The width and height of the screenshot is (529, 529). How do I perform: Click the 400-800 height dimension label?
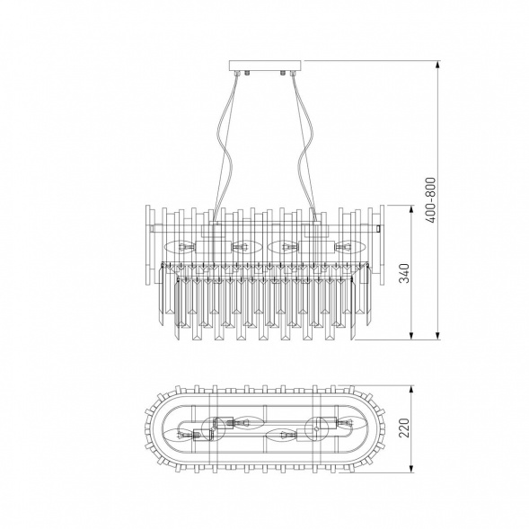click(431, 199)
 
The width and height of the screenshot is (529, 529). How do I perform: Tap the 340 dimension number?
click(404, 273)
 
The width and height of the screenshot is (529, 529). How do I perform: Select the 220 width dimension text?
click(404, 428)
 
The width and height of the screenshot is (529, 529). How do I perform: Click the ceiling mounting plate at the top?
click(266, 66)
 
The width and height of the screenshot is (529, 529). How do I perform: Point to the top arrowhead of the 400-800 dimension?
click(437, 65)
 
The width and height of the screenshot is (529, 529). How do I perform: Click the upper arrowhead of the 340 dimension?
click(411, 209)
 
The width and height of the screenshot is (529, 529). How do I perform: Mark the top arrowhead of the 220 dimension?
click(411, 390)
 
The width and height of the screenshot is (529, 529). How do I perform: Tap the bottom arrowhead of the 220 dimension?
click(411, 468)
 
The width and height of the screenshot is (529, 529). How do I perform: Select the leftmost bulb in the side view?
click(181, 247)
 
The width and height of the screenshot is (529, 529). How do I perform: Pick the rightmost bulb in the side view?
click(350, 247)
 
